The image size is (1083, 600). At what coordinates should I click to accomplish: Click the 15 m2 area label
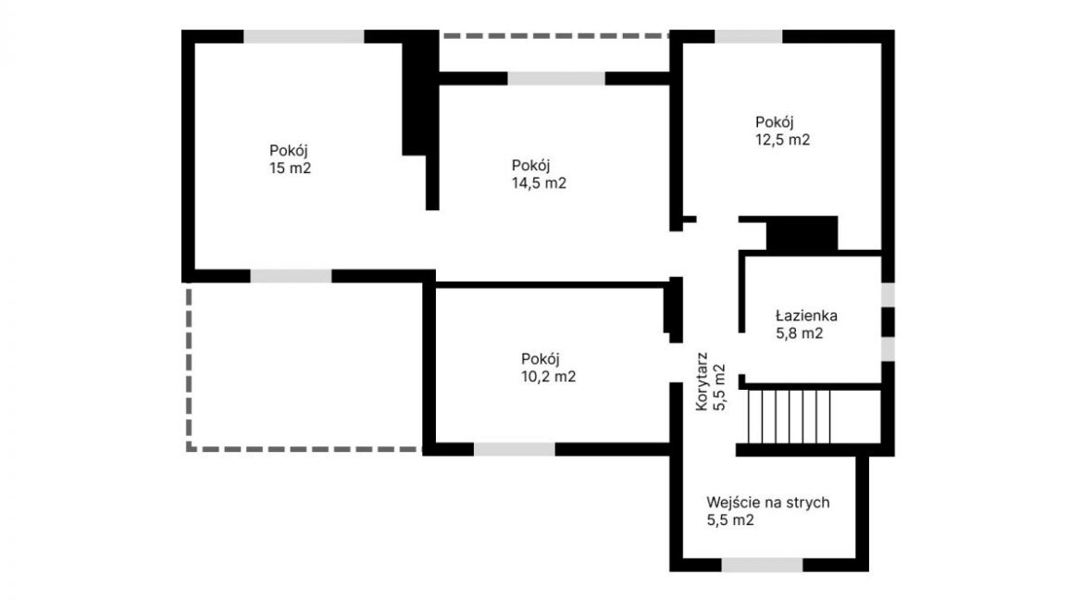click(290, 168)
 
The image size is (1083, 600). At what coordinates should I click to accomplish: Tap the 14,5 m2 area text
click(539, 183)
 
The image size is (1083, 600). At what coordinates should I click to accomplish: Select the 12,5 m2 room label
click(782, 140)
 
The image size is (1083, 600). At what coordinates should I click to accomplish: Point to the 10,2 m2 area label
click(548, 377)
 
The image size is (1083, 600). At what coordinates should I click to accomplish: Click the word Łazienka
click(806, 316)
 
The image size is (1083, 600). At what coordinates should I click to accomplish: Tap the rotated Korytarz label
click(702, 381)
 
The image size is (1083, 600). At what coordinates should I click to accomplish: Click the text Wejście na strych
click(768, 503)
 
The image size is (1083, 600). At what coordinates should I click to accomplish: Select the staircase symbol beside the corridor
click(789, 416)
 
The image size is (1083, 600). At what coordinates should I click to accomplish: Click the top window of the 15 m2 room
click(304, 37)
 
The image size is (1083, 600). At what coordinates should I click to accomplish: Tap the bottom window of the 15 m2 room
click(291, 276)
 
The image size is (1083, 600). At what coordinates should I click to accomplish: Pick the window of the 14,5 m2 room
click(556, 78)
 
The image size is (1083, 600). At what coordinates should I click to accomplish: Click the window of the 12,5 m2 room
click(749, 37)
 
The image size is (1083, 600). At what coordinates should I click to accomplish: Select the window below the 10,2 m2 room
click(515, 449)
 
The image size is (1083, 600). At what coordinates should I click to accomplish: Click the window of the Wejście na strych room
click(763, 565)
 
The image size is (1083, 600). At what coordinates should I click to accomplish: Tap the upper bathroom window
click(889, 294)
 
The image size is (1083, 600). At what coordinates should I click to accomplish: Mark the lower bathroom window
click(889, 348)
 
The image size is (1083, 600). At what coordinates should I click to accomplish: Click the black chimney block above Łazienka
click(802, 233)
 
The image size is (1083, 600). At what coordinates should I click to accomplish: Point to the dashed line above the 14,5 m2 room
click(555, 34)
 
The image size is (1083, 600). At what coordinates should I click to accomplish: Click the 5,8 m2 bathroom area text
click(800, 334)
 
